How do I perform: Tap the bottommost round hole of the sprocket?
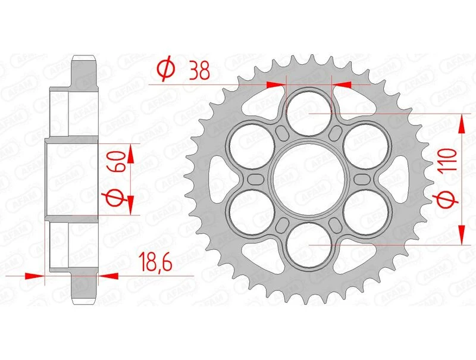[309, 246]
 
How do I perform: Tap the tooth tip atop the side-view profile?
[84, 58]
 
